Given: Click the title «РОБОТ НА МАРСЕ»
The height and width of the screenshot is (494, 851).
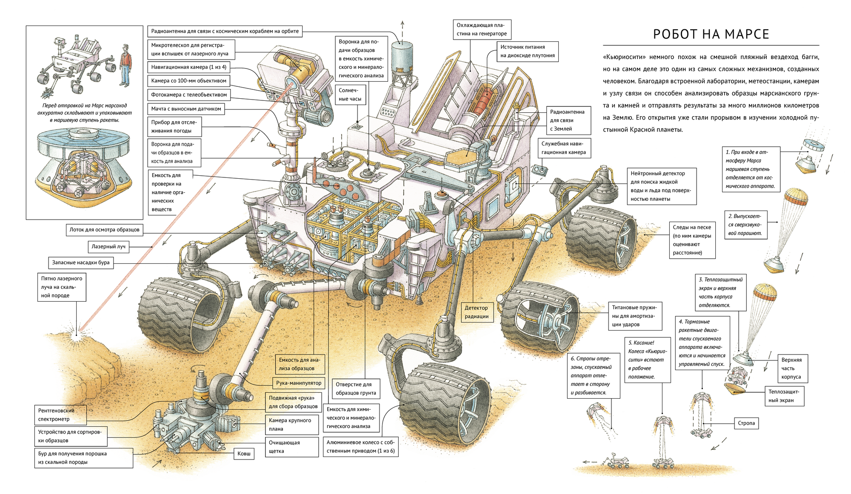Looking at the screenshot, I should pyautogui.click(x=711, y=34).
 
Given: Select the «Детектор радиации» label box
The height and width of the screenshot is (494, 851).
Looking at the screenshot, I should pyautogui.click(x=476, y=312).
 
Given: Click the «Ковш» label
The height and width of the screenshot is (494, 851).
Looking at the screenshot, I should pyautogui.click(x=244, y=454).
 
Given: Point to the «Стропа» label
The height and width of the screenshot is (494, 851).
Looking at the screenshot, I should pyautogui.click(x=746, y=423).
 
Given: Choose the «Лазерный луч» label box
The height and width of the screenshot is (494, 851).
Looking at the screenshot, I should pyautogui.click(x=109, y=246).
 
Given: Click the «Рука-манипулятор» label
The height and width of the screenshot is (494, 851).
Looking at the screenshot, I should pyautogui.click(x=299, y=383).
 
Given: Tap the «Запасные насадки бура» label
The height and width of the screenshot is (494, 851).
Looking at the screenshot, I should pyautogui.click(x=81, y=263).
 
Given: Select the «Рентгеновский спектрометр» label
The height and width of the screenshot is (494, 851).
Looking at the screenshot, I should pyautogui.click(x=60, y=415).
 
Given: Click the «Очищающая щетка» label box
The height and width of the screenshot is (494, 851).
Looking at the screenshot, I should pyautogui.click(x=291, y=447).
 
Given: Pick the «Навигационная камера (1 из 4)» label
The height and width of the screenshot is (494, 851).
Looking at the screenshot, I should pyautogui.click(x=189, y=67).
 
